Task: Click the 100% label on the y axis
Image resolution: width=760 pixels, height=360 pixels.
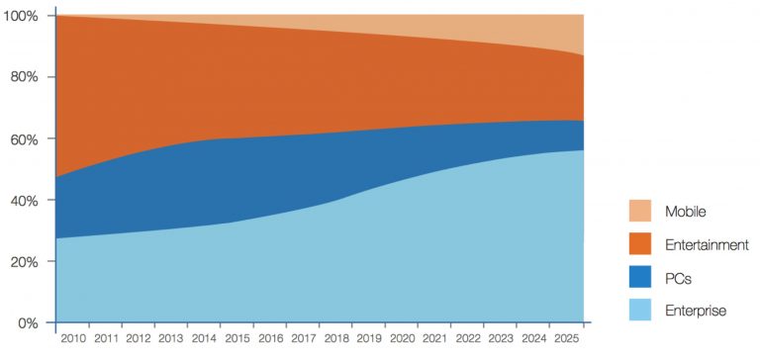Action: [x=21, y=17]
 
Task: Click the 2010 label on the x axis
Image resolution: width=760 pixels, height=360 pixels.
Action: [x=72, y=339]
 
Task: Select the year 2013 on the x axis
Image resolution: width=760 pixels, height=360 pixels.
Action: [x=170, y=339]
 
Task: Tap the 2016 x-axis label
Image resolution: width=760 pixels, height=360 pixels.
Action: [x=270, y=339]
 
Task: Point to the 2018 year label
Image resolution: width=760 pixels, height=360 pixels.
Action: [x=336, y=339]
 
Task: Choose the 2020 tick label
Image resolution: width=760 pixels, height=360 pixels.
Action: [x=403, y=339]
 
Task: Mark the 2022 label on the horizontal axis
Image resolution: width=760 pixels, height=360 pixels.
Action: [x=468, y=339]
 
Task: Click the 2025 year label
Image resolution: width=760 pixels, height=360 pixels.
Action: [x=567, y=339]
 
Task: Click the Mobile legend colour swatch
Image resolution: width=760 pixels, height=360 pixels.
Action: [x=640, y=211]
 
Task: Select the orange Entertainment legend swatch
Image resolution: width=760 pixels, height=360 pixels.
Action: [x=640, y=244]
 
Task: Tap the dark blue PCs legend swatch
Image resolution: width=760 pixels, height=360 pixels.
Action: [x=640, y=278]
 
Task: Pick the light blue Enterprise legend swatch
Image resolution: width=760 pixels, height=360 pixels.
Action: [x=640, y=311]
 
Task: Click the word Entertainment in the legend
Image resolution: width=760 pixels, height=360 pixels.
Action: [x=707, y=244]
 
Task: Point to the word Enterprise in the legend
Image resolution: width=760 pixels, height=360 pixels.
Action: [x=696, y=311]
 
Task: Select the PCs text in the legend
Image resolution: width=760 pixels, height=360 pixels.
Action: [x=678, y=278]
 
